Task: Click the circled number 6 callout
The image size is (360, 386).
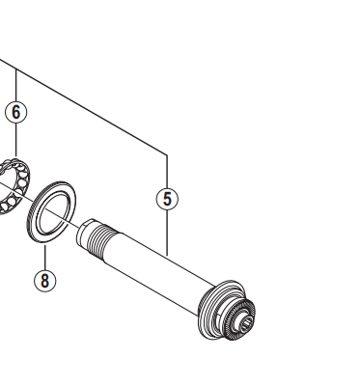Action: point(16,112)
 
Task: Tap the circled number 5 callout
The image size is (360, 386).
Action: point(167,199)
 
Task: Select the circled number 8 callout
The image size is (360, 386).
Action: point(45,281)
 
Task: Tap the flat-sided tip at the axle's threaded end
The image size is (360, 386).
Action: point(84,232)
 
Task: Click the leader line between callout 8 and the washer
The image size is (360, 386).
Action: point(45,258)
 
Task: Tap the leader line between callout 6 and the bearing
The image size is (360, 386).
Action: point(16,140)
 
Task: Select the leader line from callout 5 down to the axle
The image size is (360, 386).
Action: point(167,233)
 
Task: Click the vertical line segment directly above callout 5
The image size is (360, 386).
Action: point(167,172)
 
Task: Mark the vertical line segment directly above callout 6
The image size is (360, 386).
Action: point(16,85)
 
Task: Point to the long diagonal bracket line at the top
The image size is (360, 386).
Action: point(84,107)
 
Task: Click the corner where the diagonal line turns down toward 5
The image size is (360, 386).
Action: point(167,155)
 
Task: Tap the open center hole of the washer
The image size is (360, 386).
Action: point(54,212)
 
